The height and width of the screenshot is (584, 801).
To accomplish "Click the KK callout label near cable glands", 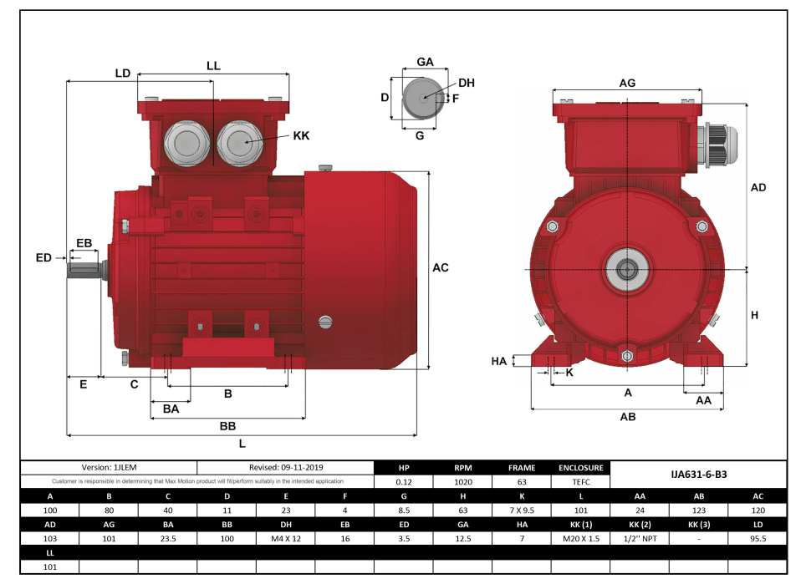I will [301, 135].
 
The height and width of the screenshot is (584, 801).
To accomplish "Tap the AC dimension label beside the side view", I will [441, 268].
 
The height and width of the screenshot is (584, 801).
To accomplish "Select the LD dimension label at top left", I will [123, 74].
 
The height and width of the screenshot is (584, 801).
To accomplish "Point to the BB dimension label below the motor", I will [227, 426].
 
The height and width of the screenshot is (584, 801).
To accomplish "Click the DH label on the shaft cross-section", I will [467, 83].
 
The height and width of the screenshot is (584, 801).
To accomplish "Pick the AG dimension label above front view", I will [627, 83].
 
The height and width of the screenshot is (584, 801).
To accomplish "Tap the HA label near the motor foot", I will [499, 361].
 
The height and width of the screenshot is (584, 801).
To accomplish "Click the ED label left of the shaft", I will [43, 258].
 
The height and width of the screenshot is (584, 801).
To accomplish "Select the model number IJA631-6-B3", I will [698, 474].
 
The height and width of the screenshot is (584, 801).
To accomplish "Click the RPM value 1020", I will [463, 481].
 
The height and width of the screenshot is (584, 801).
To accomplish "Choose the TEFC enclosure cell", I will [581, 481].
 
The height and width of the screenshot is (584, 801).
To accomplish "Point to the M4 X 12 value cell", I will [285, 538].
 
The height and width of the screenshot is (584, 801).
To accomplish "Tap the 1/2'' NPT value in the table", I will [640, 538].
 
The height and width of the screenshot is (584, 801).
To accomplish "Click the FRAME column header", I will [522, 468].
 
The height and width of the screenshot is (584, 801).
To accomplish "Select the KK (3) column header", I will [699, 524].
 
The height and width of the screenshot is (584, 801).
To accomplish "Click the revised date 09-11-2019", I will [286, 468].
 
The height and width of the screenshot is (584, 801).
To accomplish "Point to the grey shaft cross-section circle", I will [422, 98].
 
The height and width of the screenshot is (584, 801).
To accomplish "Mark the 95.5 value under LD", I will [758, 538].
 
